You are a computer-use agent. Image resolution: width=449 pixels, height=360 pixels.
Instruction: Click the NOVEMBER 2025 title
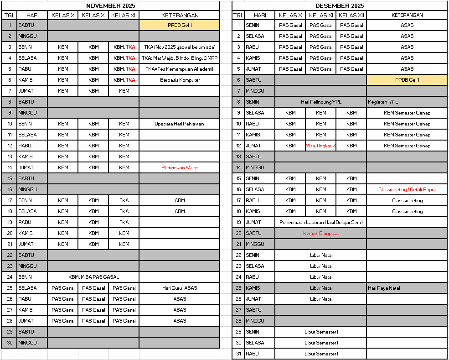click(111, 5)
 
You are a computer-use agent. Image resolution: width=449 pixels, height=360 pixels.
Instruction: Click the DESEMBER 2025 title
click(340, 5)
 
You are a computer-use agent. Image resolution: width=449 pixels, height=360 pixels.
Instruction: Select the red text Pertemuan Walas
click(180, 167)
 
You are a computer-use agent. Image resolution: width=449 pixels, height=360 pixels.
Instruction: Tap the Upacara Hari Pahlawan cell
click(180, 124)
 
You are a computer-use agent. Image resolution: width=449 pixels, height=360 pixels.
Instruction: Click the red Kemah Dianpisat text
click(321, 233)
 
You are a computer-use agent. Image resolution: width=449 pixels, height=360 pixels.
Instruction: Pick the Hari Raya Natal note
click(384, 288)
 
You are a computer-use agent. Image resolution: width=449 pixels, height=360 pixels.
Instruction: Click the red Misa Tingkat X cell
click(320, 146)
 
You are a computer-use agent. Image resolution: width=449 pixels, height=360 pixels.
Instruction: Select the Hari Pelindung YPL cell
click(321, 102)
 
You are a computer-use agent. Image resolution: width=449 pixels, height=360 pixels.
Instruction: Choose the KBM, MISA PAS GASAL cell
click(93, 277)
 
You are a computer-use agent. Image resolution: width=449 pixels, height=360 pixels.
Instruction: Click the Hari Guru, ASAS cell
click(180, 288)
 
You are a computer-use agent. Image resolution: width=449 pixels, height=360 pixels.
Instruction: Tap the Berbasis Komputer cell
click(180, 80)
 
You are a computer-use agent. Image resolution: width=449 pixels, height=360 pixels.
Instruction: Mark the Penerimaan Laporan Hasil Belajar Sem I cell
click(321, 222)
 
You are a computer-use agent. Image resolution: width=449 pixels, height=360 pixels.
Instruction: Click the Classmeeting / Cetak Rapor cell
click(407, 189)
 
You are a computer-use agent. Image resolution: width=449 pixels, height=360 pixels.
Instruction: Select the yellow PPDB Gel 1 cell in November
click(180, 25)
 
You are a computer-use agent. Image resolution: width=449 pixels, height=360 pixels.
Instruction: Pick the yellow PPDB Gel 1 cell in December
click(407, 80)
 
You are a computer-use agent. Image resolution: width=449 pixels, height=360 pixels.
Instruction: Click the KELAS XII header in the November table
click(124, 15)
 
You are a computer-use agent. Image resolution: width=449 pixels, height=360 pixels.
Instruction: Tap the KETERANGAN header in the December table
click(407, 15)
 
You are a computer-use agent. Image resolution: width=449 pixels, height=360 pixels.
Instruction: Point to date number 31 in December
click(238, 354)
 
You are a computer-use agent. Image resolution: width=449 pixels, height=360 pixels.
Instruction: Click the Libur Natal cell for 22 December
click(321, 255)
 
